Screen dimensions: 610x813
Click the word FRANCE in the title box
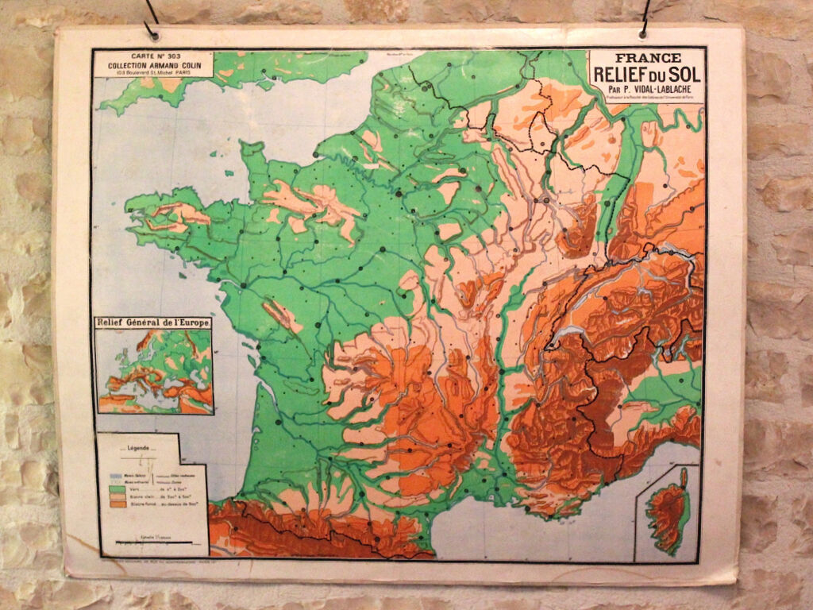coord(647,58)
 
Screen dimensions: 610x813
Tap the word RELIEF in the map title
coord(624,74)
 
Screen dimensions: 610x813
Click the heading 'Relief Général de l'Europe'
coord(152,322)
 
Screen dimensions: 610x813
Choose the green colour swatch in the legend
coord(118,490)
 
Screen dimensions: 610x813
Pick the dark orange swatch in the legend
coord(118,504)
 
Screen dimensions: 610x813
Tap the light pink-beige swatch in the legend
coord(118,497)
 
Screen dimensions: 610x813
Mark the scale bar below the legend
coord(152,542)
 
